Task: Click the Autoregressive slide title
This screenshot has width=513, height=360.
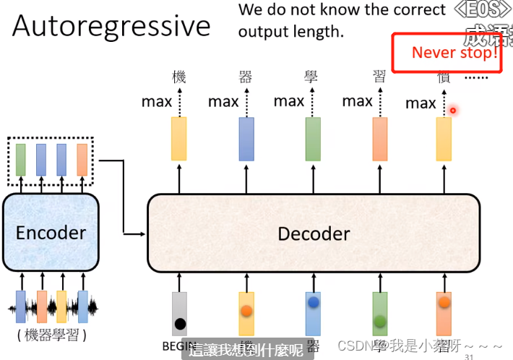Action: pos(111,26)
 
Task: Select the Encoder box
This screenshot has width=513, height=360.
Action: pos(51,232)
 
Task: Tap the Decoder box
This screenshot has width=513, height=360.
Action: pos(314,233)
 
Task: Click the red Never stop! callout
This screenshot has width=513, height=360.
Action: pos(447,52)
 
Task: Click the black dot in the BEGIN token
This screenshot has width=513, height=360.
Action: pos(179,324)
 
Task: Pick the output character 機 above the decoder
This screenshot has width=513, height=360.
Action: pos(179,77)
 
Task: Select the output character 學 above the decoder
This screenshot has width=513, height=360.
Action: pos(311,77)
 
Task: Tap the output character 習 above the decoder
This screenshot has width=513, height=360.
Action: pos(379,77)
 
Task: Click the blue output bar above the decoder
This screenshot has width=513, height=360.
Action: pos(246,138)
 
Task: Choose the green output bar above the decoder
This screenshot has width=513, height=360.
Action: pos(313,138)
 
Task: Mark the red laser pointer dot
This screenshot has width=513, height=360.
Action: pos(453,111)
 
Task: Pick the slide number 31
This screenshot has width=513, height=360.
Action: pos(469,356)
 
